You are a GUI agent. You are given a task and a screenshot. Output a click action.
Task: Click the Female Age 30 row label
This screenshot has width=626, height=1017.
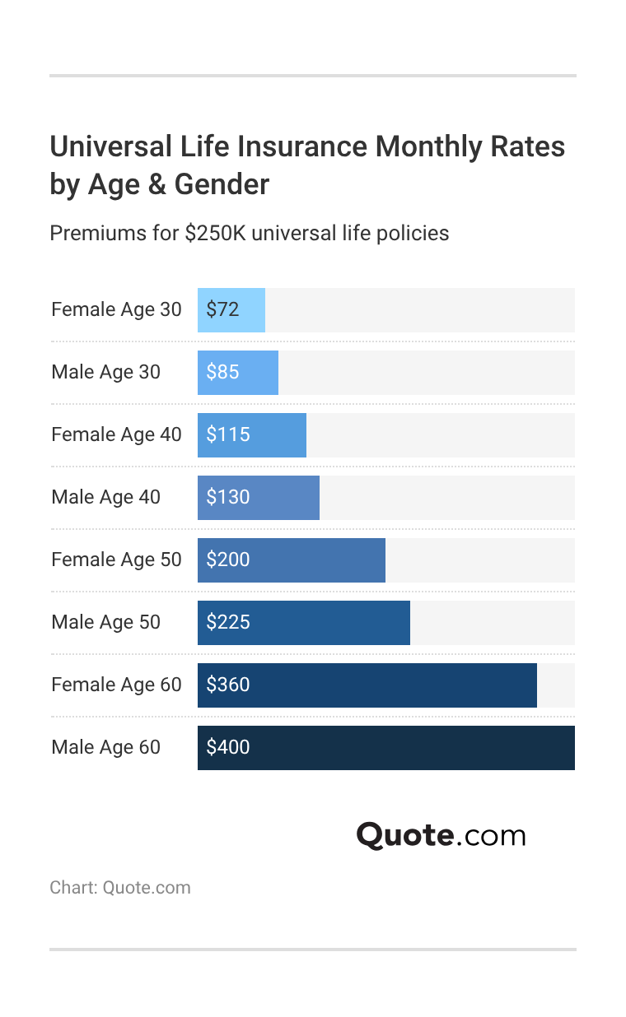(116, 309)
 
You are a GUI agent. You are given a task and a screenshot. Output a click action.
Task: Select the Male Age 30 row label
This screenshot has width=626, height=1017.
(105, 372)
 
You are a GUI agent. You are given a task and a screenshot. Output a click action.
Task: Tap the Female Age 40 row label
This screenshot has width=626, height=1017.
(116, 434)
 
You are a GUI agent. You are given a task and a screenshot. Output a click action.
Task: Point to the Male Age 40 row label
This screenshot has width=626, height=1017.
(105, 497)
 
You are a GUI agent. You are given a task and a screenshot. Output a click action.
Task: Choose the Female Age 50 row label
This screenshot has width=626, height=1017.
(116, 560)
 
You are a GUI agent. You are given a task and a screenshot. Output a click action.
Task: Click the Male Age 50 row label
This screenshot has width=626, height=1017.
(105, 622)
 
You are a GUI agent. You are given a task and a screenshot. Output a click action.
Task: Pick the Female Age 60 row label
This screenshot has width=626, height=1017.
(116, 685)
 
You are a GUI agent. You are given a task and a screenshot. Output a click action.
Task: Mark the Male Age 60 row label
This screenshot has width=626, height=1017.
(105, 747)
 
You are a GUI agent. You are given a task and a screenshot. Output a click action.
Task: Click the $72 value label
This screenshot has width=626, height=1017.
(222, 309)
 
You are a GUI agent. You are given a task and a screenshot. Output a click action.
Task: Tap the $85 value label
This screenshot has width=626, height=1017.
(222, 372)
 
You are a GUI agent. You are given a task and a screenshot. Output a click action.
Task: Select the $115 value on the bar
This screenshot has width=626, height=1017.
(227, 434)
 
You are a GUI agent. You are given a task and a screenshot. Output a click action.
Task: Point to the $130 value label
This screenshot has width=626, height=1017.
(227, 497)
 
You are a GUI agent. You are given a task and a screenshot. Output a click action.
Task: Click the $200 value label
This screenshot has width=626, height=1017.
(227, 560)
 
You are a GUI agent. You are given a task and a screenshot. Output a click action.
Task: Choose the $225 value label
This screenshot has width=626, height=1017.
(227, 622)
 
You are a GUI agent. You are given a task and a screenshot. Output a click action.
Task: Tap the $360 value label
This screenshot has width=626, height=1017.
(227, 685)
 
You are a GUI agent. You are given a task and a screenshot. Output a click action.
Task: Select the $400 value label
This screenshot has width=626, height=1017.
(227, 747)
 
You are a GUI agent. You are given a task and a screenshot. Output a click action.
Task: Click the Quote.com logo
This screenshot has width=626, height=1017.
(441, 835)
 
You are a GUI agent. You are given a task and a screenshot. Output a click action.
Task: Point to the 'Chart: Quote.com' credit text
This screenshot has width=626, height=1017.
(120, 888)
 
